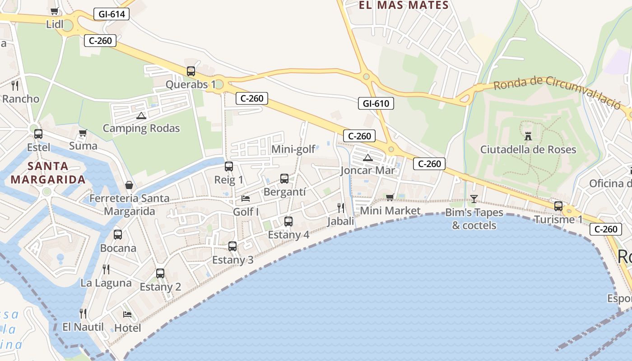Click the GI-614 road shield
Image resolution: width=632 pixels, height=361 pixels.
click(112, 14)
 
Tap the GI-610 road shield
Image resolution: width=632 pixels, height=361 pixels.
click(376, 103)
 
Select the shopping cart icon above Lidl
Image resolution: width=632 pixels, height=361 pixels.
click(55, 11)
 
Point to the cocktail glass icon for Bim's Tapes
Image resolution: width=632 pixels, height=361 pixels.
click(474, 199)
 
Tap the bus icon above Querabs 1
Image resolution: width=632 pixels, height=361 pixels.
click(191, 71)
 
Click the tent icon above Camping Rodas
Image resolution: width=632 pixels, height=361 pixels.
click(141, 116)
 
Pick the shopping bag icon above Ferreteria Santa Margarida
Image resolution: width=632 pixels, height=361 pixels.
click(129, 185)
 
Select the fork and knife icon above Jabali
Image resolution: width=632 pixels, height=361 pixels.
click(341, 208)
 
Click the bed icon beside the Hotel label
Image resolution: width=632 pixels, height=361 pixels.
click(127, 314)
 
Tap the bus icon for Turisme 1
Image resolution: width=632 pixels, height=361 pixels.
click(558, 206)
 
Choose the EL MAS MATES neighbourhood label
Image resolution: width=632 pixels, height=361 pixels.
click(403, 5)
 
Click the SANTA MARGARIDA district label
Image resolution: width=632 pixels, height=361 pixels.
click(48, 173)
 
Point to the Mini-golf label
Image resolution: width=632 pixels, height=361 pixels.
click(293, 149)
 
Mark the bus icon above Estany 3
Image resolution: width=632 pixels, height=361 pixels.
click(232, 246)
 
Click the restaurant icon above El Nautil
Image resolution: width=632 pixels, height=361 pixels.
click(83, 313)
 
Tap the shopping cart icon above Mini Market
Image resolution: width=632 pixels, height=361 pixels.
click(390, 197)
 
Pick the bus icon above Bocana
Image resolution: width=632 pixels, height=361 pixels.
click(118, 235)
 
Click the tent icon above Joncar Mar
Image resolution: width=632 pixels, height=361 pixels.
click(368, 157)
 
